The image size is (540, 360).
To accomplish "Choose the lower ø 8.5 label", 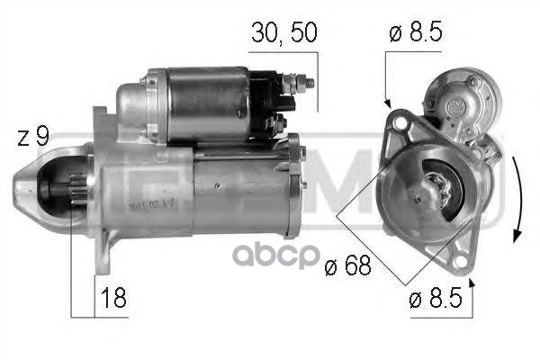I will (436, 299).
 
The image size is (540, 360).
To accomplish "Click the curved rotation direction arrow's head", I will (517, 235).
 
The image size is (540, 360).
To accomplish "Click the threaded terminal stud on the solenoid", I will (304, 84).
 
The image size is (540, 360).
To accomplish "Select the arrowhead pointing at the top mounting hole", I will (387, 102).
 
